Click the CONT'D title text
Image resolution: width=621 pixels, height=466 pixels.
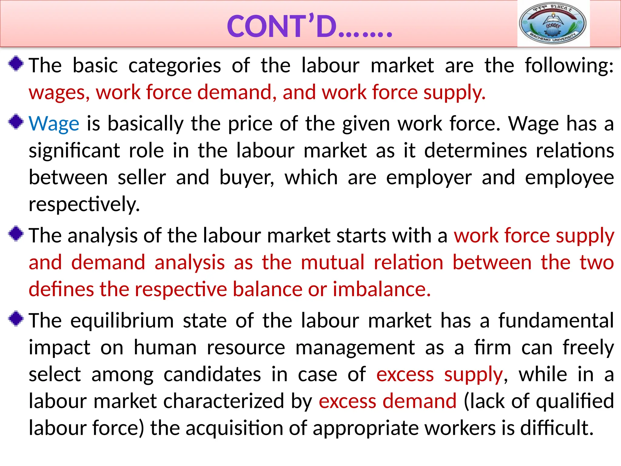(309, 26)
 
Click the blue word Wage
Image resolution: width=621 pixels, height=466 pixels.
(54, 124)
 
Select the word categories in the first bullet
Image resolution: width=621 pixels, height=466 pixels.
(175, 66)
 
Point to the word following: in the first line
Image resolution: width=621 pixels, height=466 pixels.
(569, 66)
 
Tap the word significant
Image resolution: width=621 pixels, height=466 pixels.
(74, 151)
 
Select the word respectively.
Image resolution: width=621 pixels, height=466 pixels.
(84, 204)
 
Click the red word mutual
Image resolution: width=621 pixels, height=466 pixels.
(332, 262)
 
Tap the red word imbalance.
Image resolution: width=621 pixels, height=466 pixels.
(381, 289)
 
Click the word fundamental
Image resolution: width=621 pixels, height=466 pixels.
(556, 321)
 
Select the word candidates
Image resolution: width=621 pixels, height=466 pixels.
(212, 374)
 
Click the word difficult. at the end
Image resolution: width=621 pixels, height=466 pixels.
(557, 428)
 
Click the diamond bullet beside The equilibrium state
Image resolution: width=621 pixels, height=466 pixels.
(16, 319)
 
